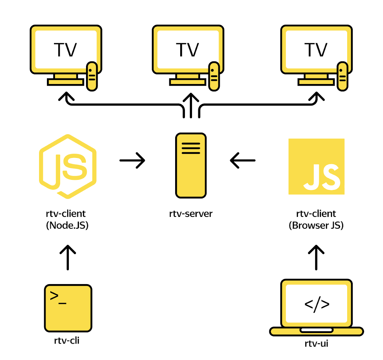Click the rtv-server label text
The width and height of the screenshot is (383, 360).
click(x=191, y=214)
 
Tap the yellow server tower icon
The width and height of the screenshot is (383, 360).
click(x=191, y=165)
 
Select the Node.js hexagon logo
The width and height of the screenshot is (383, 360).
click(x=68, y=165)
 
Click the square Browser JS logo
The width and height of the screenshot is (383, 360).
click(x=316, y=166)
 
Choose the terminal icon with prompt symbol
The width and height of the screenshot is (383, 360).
click(x=68, y=308)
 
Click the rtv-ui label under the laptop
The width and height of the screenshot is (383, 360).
click(x=316, y=344)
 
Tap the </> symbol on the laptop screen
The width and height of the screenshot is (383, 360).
click(x=317, y=304)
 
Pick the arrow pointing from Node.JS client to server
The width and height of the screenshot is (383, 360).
click(x=132, y=160)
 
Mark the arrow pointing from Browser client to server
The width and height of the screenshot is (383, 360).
click(x=243, y=160)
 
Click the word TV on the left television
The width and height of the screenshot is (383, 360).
click(x=65, y=50)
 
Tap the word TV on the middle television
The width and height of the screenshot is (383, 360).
click(x=188, y=50)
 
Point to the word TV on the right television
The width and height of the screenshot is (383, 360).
click(x=316, y=50)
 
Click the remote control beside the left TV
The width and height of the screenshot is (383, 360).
click(x=92, y=76)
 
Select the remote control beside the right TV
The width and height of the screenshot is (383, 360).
click(x=343, y=76)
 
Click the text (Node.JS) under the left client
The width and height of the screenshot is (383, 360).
click(x=67, y=225)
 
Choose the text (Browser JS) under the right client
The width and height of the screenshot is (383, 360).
click(x=316, y=225)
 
